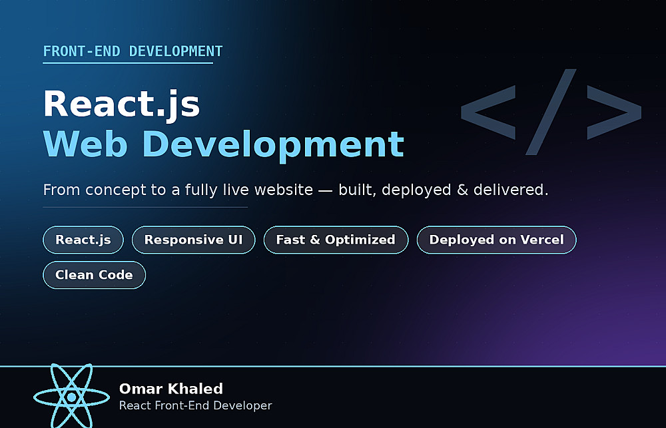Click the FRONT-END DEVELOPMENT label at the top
tap(133, 51)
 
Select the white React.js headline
tap(121, 104)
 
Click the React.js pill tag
tap(83, 240)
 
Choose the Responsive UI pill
tap(193, 240)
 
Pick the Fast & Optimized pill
tap(336, 240)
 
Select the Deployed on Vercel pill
tap(497, 240)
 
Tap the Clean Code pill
tap(95, 275)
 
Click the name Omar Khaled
tap(170, 389)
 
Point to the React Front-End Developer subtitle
tap(195, 405)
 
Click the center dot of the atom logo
tap(71, 397)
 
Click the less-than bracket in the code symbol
tap(488, 112)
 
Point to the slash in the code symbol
tap(551, 112)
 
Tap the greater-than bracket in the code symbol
tap(614, 112)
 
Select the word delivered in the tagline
tap(511, 190)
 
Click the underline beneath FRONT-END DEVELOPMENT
tap(128, 63)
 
